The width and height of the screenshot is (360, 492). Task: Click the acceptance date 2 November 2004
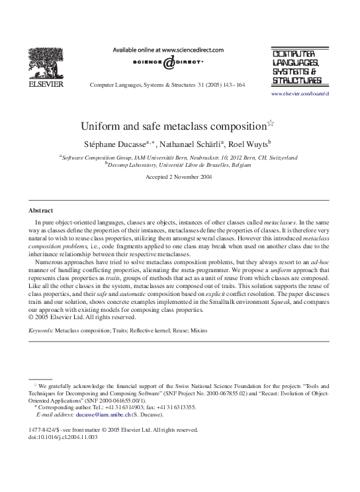click(193, 177)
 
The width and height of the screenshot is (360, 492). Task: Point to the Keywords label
click(40, 329)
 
